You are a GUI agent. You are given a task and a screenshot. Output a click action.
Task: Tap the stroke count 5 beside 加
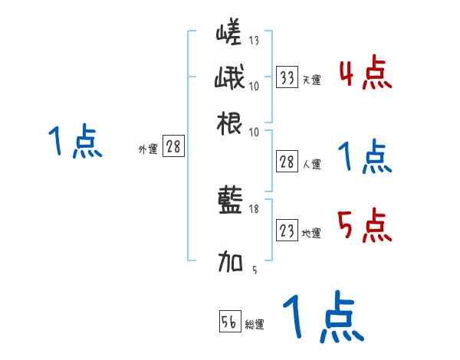(255, 269)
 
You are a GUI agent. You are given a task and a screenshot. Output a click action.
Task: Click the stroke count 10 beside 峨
(255, 85)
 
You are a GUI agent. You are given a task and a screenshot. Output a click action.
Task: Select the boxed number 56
(228, 322)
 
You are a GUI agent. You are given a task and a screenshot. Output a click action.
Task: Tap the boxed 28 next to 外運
(173, 147)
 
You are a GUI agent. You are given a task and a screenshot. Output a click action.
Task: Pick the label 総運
(254, 325)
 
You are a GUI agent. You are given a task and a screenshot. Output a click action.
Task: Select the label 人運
(311, 164)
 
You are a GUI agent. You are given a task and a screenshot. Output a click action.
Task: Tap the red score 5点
(365, 227)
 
